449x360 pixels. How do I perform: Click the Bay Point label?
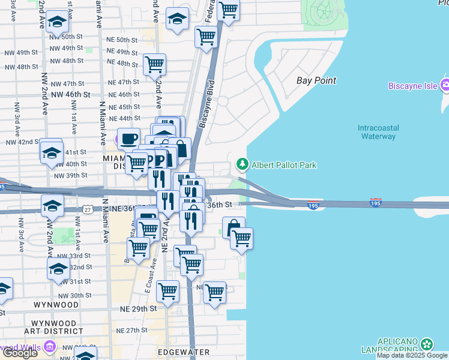pyautogui.click(x=316, y=80)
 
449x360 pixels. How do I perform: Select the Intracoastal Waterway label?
pyautogui.click(x=376, y=132)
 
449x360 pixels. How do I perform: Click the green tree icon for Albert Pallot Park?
pyautogui.click(x=243, y=164)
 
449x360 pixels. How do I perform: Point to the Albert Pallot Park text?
pyautogui.click(x=284, y=165)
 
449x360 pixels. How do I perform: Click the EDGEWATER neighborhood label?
pyautogui.click(x=183, y=352)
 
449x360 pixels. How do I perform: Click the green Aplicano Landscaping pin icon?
pyautogui.click(x=427, y=344)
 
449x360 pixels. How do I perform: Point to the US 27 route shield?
pyautogui.click(x=88, y=209)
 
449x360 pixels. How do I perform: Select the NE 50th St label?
pyautogui.click(x=122, y=40)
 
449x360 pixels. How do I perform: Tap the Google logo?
pyautogui.click(x=20, y=353)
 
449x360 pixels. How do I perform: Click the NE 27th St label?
pyautogui.click(x=133, y=331)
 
